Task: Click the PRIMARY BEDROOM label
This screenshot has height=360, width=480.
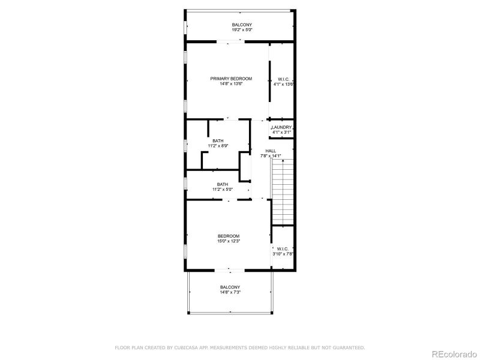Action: pyautogui.click(x=230, y=79)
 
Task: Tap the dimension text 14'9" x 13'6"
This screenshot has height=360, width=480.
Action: pyautogui.click(x=230, y=84)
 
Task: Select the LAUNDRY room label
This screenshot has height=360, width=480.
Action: pyautogui.click(x=281, y=127)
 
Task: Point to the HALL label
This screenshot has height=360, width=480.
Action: pyautogui.click(x=271, y=151)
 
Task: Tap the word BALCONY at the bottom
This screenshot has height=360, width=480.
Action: pyautogui.click(x=230, y=287)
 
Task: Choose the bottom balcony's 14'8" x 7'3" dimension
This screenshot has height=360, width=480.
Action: pyautogui.click(x=230, y=293)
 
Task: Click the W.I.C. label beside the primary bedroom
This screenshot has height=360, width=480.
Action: pyautogui.click(x=283, y=79)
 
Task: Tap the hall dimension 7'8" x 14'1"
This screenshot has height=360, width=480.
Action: pyautogui.click(x=271, y=156)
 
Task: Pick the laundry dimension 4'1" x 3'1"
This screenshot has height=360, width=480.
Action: pyautogui.click(x=281, y=132)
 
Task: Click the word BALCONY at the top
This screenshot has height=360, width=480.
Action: pyautogui.click(x=238, y=25)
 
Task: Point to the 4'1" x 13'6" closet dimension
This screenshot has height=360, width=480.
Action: pyautogui.click(x=283, y=85)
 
